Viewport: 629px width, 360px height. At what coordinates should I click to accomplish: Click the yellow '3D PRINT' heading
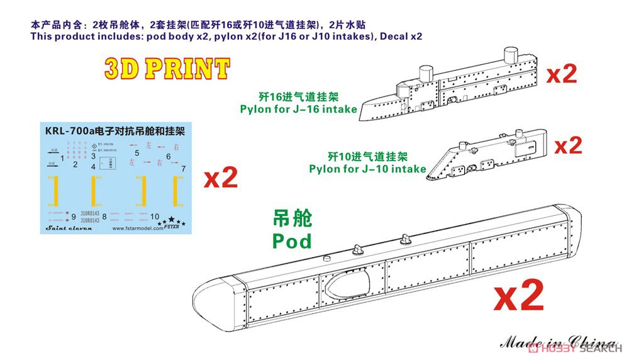point(166,69)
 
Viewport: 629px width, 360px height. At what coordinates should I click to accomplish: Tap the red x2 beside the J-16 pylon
point(562,74)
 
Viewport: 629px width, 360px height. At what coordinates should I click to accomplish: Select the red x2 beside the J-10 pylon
point(567,146)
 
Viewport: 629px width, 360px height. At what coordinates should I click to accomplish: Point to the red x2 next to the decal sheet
point(221,179)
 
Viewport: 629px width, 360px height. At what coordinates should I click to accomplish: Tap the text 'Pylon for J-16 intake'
point(298,109)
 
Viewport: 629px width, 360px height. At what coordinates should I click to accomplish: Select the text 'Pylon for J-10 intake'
point(376,169)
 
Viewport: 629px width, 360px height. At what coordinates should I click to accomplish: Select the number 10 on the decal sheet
point(155,216)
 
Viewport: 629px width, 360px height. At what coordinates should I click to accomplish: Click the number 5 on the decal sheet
point(136,152)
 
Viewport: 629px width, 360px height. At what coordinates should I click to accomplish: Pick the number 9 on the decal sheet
point(74,215)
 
